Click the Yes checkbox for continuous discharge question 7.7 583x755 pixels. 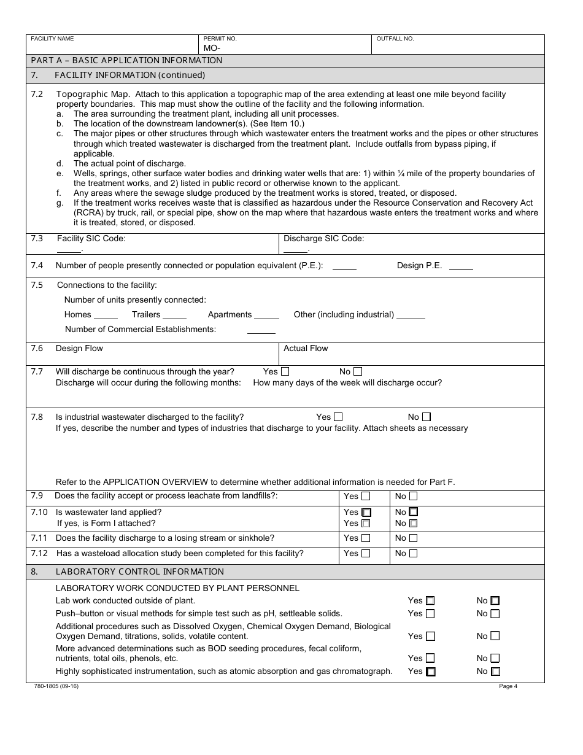pyautogui.click(x=285, y=371)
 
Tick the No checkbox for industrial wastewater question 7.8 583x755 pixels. pyautogui.click(x=427, y=417)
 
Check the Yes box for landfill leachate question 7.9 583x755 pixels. pyautogui.click(x=366, y=496)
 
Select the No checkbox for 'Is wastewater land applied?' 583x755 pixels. pyautogui.click(x=414, y=512)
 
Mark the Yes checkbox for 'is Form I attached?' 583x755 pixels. pyautogui.click(x=366, y=524)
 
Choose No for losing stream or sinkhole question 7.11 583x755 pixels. pyautogui.click(x=413, y=538)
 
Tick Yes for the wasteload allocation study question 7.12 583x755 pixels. pyautogui.click(x=366, y=554)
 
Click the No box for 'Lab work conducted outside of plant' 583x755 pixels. pyautogui.click(x=495, y=601)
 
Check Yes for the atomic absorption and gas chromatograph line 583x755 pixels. pyautogui.click(x=431, y=672)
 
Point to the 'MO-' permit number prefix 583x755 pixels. pyautogui.click(x=212, y=48)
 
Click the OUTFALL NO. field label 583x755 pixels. pyautogui.click(x=395, y=39)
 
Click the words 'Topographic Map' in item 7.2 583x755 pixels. pyautogui.click(x=93, y=94)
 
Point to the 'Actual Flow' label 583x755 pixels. pyautogui.click(x=306, y=348)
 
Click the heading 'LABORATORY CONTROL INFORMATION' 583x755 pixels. pyautogui.click(x=140, y=571)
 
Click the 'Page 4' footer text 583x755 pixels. pyautogui.click(x=508, y=686)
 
